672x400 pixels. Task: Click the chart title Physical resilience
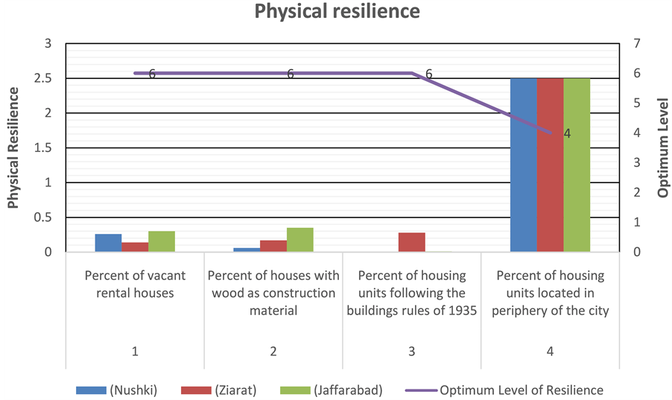point(337,12)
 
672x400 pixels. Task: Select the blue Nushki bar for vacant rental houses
point(108,243)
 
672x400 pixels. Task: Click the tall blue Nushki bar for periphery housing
point(523,165)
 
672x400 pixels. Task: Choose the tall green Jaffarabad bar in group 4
point(577,165)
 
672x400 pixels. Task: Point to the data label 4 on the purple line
point(567,134)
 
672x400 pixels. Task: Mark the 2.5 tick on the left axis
point(46,78)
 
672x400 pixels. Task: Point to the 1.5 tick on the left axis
point(46,147)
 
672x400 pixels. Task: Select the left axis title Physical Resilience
point(13,147)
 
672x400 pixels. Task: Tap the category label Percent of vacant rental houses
point(135,285)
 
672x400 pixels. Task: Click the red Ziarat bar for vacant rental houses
point(135,247)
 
